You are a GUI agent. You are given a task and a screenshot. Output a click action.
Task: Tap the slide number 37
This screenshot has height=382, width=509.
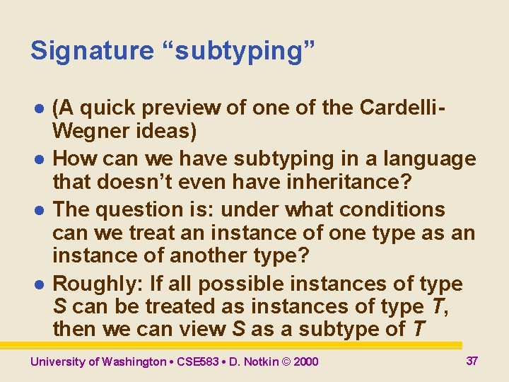[472, 361]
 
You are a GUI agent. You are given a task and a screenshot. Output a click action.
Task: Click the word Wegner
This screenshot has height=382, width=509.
[90, 132]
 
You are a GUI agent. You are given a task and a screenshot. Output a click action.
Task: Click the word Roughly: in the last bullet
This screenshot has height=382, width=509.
[98, 284]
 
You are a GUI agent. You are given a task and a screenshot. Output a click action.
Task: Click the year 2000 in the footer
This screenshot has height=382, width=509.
[305, 361]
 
